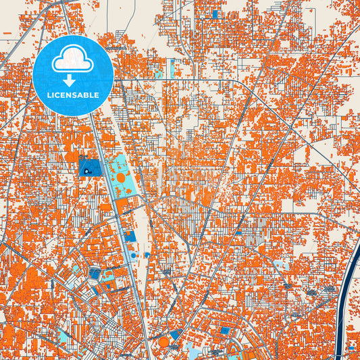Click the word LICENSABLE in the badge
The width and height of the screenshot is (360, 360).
click(x=73, y=95)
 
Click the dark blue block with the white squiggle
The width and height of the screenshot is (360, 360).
click(x=89, y=167)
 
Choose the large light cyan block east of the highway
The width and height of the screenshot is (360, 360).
click(x=120, y=172)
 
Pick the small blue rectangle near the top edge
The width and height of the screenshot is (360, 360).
click(x=215, y=14)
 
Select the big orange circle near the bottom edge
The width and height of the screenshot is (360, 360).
click(x=164, y=342)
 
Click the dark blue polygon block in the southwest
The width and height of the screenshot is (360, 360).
click(x=95, y=274)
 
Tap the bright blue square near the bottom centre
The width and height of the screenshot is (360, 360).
click(x=225, y=331)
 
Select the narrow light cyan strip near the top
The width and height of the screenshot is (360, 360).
click(x=172, y=68)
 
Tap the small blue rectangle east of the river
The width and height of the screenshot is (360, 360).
click(x=352, y=349)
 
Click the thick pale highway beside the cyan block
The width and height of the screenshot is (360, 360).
click(x=107, y=176)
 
